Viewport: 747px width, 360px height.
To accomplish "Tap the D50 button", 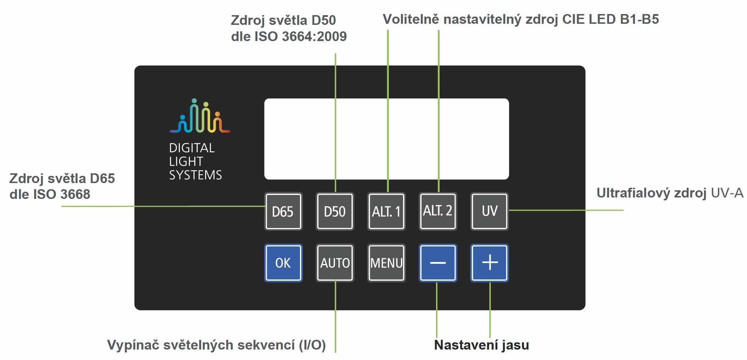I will [x=335, y=212].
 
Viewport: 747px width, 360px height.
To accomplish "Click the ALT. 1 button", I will [x=386, y=212].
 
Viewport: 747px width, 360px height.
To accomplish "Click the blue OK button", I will [x=283, y=263].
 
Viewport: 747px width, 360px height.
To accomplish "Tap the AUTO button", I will [x=335, y=263].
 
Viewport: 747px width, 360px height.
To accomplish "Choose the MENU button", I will [x=386, y=263].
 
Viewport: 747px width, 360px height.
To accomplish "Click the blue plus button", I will [x=489, y=263].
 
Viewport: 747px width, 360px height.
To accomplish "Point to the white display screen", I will [x=386, y=139].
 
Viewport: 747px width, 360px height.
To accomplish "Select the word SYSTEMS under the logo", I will [x=195, y=175].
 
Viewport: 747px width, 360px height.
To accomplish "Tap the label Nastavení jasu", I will [x=481, y=345].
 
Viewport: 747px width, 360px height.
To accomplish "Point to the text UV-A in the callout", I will [x=727, y=193].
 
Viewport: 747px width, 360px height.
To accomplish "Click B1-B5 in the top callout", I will [x=639, y=19].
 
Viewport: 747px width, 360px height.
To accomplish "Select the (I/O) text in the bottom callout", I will [x=312, y=345].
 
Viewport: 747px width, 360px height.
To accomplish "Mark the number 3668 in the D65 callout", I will [x=75, y=194].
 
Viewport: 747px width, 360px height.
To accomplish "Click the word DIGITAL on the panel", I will [x=192, y=148].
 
